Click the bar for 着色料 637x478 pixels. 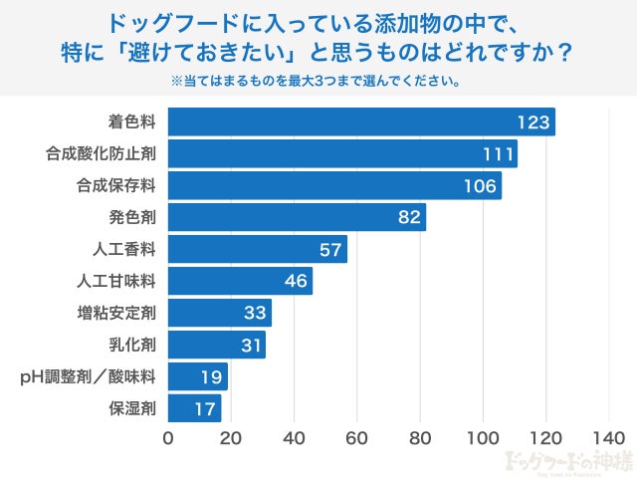(361, 122)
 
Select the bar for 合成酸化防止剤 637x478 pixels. (342, 154)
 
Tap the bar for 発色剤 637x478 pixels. (297, 217)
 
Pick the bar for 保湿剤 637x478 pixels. (194, 408)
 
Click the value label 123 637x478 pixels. (533, 122)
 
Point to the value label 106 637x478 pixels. (481, 186)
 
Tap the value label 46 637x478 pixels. (296, 281)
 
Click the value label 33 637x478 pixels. (256, 314)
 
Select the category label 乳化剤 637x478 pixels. (132, 346)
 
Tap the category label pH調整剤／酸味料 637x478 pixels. (89, 377)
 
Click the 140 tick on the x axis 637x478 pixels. (607, 438)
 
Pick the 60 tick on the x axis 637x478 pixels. (357, 438)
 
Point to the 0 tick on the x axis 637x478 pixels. (168, 438)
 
